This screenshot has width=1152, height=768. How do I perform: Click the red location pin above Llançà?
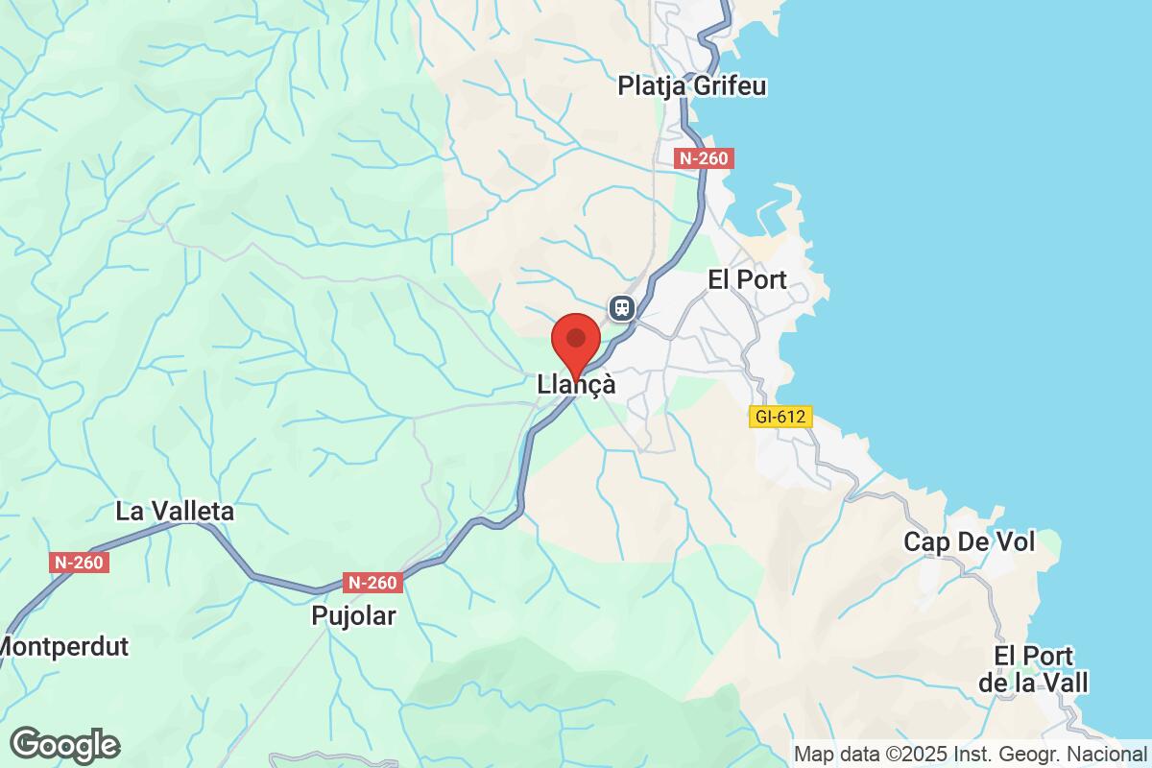(x=576, y=341)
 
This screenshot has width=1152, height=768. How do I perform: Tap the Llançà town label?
(x=576, y=384)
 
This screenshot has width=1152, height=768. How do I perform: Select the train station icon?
(x=622, y=307)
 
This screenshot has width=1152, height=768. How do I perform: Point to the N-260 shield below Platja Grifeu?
(x=704, y=159)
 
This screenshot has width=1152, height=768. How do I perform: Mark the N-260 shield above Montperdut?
(x=79, y=564)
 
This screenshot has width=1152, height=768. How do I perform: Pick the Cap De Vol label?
(x=969, y=542)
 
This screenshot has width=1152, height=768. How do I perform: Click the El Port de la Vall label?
(x=1041, y=669)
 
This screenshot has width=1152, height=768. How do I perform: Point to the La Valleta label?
(x=174, y=512)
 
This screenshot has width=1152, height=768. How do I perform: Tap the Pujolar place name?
(x=353, y=615)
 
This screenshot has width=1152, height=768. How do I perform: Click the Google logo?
(x=64, y=745)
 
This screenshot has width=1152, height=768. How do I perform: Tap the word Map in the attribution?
(x=812, y=754)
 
